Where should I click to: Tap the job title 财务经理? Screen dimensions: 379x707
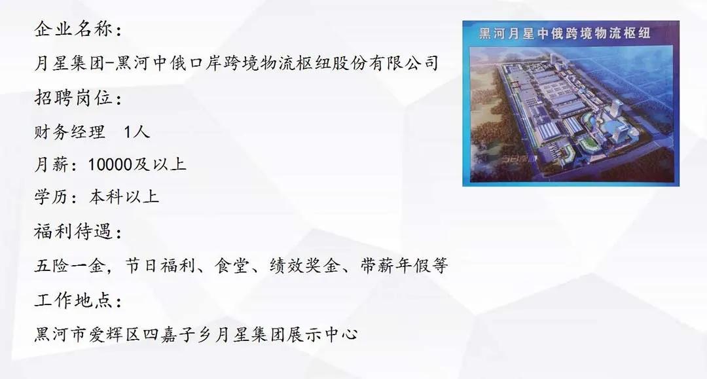[x=69, y=132]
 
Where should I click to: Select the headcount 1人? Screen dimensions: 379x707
[x=137, y=132]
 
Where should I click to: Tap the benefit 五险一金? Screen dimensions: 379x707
[x=69, y=266]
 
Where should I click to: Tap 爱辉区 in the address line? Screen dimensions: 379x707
[x=123, y=334]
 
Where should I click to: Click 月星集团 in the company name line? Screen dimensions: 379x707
[x=69, y=63]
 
